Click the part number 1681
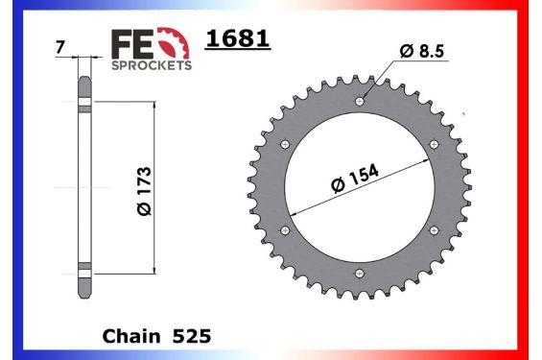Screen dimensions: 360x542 pyautogui.click(x=239, y=39)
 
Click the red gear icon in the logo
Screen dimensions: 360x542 pyautogui.click(x=174, y=43)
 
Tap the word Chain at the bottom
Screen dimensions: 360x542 pyautogui.click(x=130, y=337)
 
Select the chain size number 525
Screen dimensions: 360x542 pyautogui.click(x=192, y=337)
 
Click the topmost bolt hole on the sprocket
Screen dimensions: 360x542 pyautogui.click(x=360, y=101)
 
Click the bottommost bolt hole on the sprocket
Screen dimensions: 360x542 pyautogui.click(x=360, y=273)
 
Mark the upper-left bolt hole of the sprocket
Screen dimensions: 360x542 pyautogui.click(x=285, y=144)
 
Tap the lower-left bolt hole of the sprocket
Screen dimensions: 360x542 pyautogui.click(x=285, y=230)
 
